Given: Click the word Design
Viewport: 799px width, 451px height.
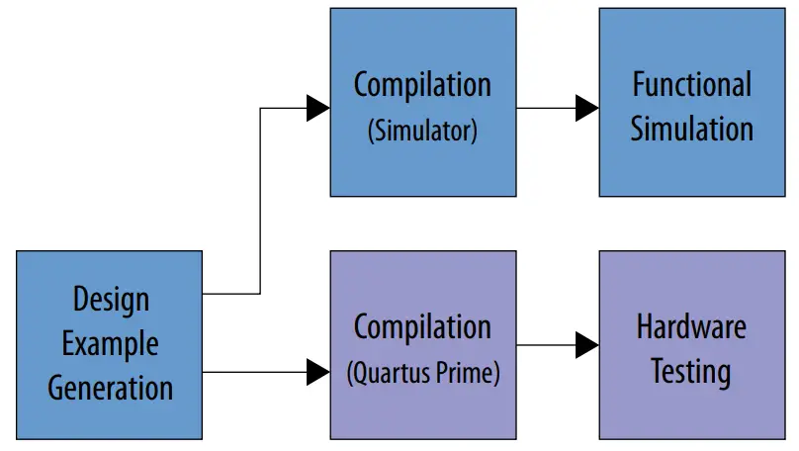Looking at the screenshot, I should tap(111, 300).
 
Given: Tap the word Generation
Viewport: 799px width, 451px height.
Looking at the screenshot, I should tap(111, 387).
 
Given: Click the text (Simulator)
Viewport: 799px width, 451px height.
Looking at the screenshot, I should tap(422, 131).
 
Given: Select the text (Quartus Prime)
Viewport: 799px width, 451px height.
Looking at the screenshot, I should tap(422, 373).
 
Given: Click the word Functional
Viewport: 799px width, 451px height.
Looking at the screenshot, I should tap(692, 84).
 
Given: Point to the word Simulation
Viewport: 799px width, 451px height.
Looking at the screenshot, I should tap(692, 128).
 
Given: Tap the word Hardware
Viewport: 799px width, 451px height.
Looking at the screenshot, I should tap(692, 326).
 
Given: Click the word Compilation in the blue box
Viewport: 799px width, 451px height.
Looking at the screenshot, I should tap(422, 85).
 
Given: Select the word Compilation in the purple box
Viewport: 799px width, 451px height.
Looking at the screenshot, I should tap(422, 327).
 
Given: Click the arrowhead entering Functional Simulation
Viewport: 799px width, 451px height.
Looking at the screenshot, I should tap(587, 107).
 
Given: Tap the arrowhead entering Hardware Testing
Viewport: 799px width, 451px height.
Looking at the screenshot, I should tap(587, 345).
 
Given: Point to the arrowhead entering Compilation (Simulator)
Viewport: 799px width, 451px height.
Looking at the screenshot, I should tap(317, 107).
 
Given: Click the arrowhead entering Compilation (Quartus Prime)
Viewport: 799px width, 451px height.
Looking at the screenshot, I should tap(317, 372).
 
